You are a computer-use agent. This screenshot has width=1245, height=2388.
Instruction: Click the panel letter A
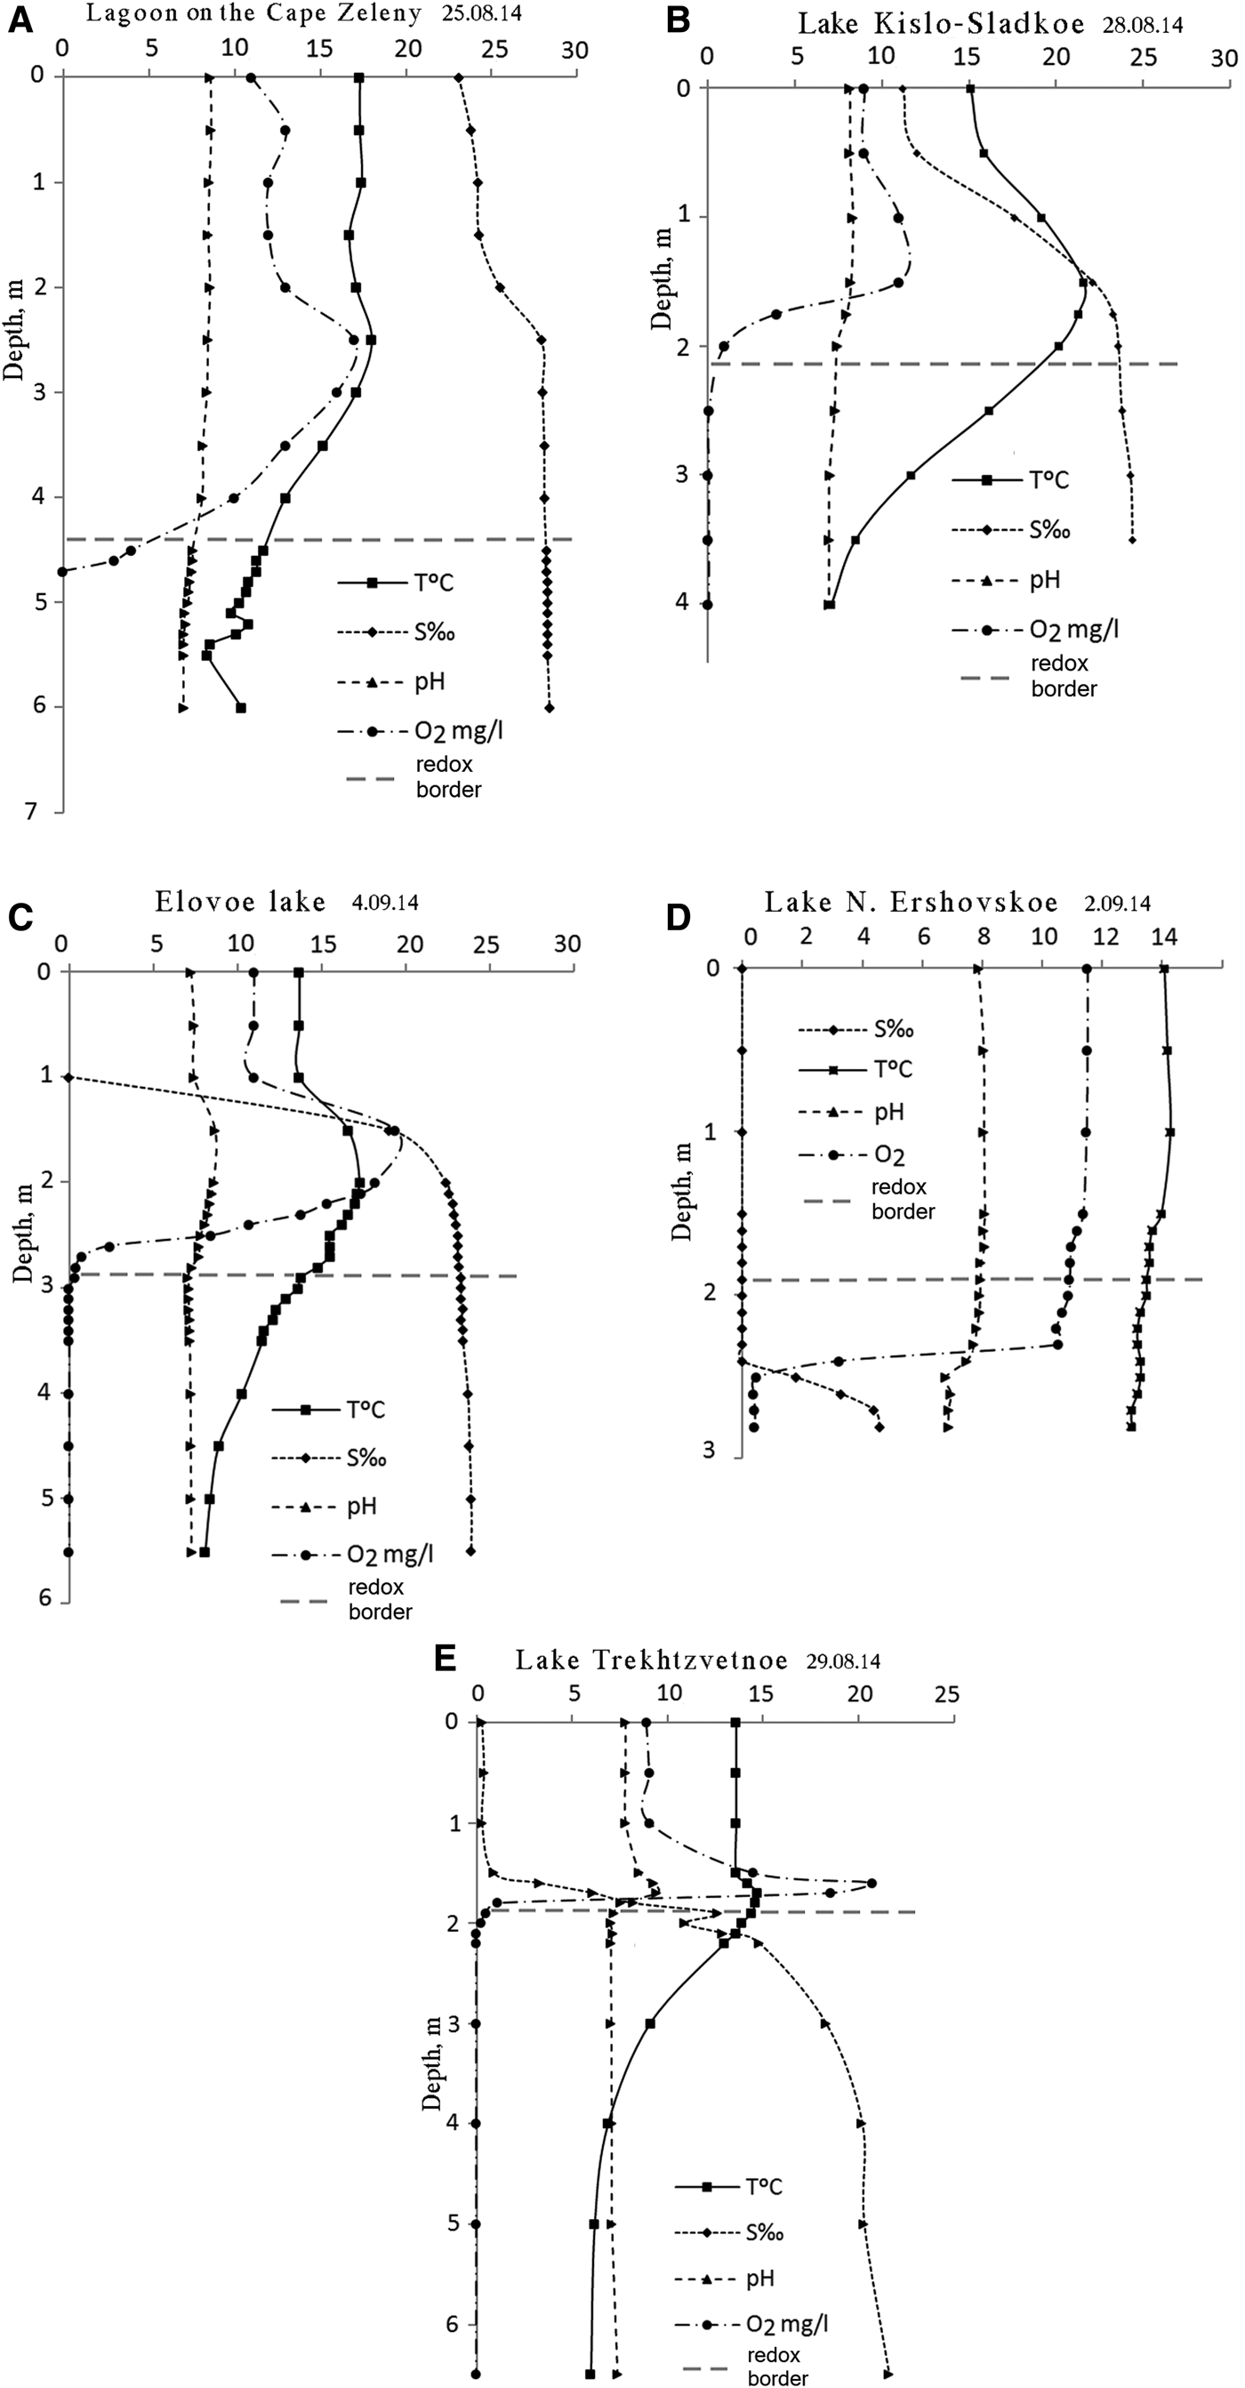tap(20, 20)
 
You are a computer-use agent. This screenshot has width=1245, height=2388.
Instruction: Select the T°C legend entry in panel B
tap(1048, 479)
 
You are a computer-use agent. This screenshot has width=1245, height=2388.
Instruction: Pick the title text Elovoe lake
tap(241, 901)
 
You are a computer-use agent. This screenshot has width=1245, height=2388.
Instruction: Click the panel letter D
tap(679, 917)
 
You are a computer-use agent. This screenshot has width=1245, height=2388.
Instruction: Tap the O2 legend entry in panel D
tap(889, 1155)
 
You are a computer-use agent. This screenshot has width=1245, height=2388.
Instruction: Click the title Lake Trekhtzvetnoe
tap(651, 1660)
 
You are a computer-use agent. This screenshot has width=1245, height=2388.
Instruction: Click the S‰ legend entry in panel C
tap(366, 1458)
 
